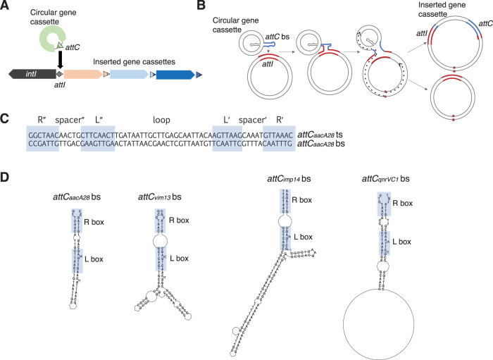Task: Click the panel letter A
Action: coord(6,7)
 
